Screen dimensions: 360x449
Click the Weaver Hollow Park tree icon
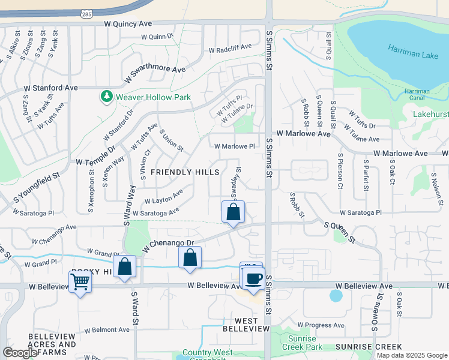(x=106, y=97)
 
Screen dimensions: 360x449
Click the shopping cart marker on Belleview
(x=80, y=281)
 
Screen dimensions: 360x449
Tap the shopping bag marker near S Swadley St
(x=233, y=212)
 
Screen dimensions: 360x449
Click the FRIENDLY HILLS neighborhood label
(x=184, y=172)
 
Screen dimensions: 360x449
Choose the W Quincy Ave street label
(x=129, y=24)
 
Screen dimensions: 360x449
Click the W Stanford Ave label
(x=51, y=88)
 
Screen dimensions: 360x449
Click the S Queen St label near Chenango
(x=340, y=233)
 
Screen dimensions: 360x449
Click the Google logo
(x=20, y=353)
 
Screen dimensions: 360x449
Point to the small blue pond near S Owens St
(x=336, y=296)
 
